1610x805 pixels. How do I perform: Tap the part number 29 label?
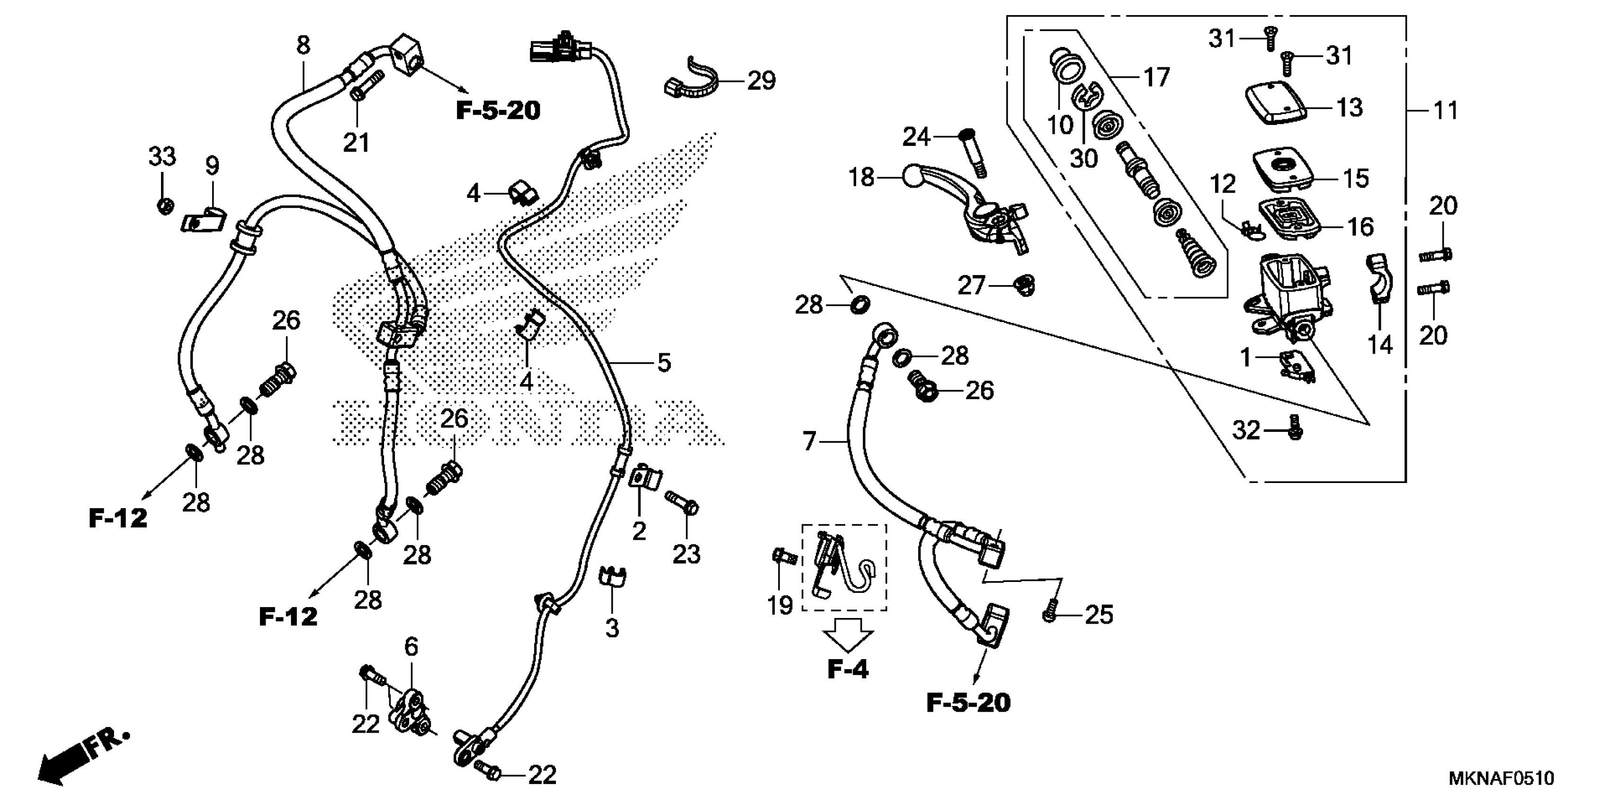pyautogui.click(x=761, y=80)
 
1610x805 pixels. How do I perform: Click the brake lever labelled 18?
pyautogui.click(x=963, y=206)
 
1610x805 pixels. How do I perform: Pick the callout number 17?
pyautogui.click(x=1156, y=78)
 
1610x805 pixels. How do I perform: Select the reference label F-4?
pyautogui.click(x=848, y=670)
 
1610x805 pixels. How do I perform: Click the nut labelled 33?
pyautogui.click(x=164, y=206)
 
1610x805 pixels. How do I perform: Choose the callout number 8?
pyautogui.click(x=303, y=45)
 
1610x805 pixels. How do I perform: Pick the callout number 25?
pyautogui.click(x=1099, y=615)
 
